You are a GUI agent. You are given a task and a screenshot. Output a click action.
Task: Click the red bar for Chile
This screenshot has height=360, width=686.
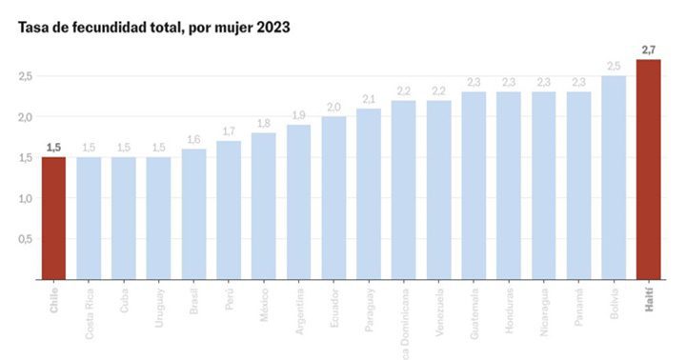coord(53,218)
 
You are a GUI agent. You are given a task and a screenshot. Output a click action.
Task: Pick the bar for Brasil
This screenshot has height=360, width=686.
coord(193,214)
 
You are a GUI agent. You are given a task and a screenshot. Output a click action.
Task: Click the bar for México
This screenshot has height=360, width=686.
coord(264,206)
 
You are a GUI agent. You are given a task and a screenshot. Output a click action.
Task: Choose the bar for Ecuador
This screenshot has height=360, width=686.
coord(333,198)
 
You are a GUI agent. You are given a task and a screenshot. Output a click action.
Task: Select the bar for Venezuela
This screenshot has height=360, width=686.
coord(439,190)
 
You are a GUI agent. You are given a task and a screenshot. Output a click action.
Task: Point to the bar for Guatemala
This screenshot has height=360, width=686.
coord(474,186)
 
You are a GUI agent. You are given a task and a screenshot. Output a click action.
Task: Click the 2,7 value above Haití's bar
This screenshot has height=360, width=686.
coord(649,50)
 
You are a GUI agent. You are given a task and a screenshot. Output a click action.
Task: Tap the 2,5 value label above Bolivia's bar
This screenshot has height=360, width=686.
coord(614,66)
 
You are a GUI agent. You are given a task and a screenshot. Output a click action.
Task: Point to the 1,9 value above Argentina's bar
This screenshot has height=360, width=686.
coord(298,115)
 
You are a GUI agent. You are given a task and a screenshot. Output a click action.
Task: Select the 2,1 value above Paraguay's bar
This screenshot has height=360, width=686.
coord(369,99)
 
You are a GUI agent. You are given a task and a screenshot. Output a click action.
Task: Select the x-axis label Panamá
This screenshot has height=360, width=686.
coord(579,304)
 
